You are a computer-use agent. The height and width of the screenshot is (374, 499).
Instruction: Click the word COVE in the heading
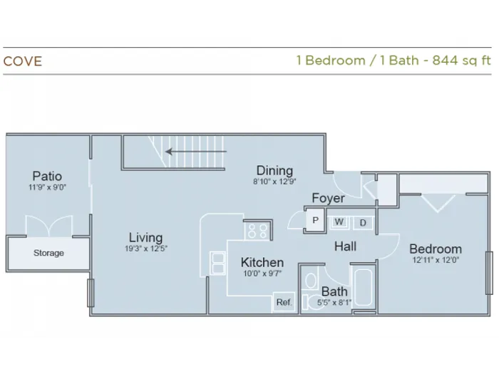click(x=23, y=61)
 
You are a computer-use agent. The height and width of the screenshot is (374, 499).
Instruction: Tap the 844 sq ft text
click(x=461, y=60)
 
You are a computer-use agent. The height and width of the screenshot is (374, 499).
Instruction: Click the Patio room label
click(x=47, y=176)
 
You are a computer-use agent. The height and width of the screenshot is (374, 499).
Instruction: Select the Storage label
click(x=48, y=253)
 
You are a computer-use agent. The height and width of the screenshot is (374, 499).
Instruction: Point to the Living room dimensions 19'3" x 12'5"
click(x=145, y=249)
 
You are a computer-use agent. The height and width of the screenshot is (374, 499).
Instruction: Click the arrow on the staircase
click(x=196, y=151)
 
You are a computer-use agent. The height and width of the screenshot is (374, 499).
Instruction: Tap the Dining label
click(x=274, y=170)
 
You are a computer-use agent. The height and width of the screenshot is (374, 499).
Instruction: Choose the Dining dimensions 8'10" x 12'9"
click(x=274, y=182)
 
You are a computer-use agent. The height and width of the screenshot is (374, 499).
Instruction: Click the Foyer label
click(x=328, y=198)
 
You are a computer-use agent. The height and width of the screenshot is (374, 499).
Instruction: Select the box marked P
click(x=315, y=220)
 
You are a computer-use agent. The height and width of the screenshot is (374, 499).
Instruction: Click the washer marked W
click(x=339, y=222)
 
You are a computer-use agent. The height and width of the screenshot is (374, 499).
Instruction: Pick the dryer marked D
click(x=363, y=222)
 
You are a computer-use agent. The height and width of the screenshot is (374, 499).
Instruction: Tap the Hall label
click(x=345, y=246)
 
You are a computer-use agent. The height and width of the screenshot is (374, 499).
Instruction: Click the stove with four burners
click(x=257, y=231)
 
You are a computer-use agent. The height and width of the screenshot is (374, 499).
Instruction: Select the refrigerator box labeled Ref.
click(x=284, y=302)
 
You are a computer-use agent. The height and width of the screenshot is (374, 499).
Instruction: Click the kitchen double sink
click(x=217, y=262)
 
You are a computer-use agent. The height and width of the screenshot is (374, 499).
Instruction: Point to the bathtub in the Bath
click(x=364, y=288)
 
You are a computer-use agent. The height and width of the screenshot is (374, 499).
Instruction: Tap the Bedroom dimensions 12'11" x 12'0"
click(x=436, y=260)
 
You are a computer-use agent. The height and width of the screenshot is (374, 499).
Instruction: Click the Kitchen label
click(x=262, y=262)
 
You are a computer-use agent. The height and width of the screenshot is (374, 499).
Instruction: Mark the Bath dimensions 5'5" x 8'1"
click(x=334, y=302)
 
